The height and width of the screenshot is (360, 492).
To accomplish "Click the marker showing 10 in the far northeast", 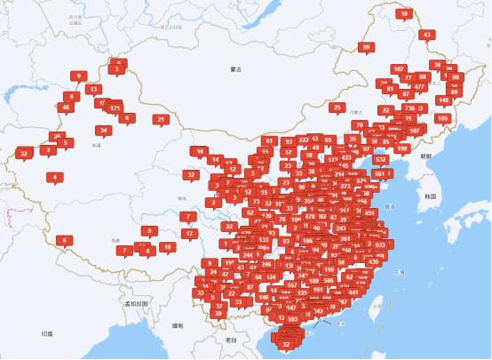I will pyautogui.click(x=405, y=13).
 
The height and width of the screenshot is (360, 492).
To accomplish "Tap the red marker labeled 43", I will pyautogui.click(x=427, y=35).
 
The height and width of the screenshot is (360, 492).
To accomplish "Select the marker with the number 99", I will pyautogui.click(x=366, y=47).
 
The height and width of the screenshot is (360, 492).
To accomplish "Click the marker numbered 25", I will pyautogui.click(x=337, y=107).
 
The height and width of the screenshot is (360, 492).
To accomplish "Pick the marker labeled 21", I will pyautogui.click(x=161, y=119).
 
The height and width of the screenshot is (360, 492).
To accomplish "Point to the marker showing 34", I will pyautogui.click(x=104, y=131).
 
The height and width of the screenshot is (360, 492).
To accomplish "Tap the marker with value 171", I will pyautogui.click(x=115, y=108).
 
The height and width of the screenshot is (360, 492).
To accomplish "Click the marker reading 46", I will pyautogui.click(x=66, y=108).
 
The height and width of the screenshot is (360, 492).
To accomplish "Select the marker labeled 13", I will pyautogui.click(x=93, y=89).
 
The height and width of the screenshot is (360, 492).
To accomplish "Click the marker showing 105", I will pyautogui.click(x=442, y=118).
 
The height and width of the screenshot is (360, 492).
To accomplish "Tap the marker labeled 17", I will pyautogui.click(x=189, y=234).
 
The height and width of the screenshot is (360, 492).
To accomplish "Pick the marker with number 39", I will pyautogui.click(x=218, y=313).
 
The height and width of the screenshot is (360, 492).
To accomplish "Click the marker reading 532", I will pyautogui.click(x=381, y=160).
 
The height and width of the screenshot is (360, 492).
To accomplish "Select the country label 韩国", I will pyautogui.click(x=431, y=195).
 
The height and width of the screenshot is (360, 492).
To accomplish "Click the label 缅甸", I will pyautogui.click(x=178, y=326).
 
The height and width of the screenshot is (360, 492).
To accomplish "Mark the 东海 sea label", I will pyautogui.click(x=399, y=271).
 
